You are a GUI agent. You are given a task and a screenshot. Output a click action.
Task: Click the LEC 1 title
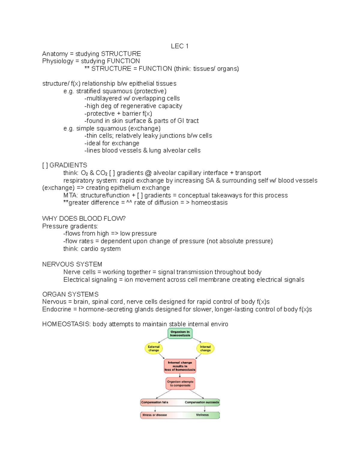(x=179, y=46)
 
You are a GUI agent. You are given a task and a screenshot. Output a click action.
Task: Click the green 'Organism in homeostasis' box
(x=180, y=333)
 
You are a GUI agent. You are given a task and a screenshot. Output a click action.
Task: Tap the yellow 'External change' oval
(x=154, y=348)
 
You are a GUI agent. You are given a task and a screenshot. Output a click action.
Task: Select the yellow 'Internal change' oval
(x=205, y=348)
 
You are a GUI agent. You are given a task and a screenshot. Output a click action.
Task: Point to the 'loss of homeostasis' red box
(x=180, y=366)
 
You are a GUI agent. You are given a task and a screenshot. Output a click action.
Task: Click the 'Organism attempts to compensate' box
(x=180, y=383)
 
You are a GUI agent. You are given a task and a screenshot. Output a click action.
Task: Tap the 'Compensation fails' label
(x=155, y=402)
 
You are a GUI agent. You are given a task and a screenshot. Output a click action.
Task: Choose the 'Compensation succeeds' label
(x=202, y=402)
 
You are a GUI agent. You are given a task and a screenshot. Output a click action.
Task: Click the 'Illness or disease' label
(x=155, y=415)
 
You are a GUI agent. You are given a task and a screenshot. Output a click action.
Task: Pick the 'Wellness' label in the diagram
(x=202, y=415)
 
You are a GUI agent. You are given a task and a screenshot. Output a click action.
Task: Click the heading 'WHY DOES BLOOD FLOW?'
(x=84, y=218)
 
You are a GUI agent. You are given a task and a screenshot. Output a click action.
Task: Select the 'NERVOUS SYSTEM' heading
(x=72, y=264)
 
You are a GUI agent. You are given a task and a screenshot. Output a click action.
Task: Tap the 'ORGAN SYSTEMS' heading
(x=70, y=294)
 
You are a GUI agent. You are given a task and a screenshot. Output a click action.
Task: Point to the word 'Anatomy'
(x=55, y=54)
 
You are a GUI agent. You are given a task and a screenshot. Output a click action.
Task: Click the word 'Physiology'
(x=58, y=61)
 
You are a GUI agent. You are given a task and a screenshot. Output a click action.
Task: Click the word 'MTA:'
(x=70, y=195)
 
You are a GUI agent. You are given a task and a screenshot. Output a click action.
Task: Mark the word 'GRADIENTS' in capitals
(x=68, y=165)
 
